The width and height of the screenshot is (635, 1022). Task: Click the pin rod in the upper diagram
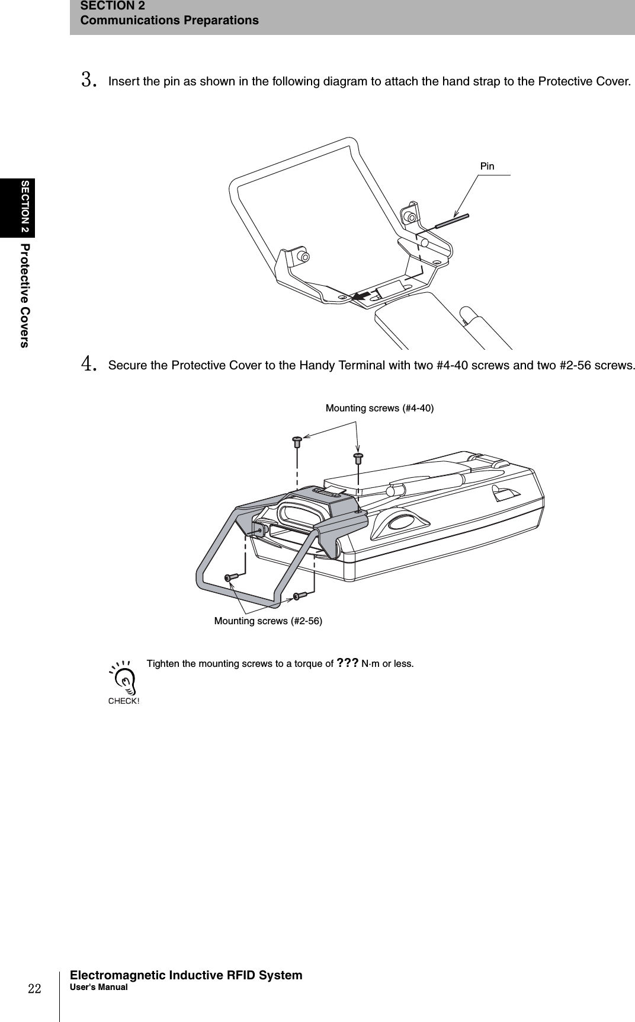click(x=452, y=221)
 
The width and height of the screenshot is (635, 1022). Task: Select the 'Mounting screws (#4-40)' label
click(x=379, y=408)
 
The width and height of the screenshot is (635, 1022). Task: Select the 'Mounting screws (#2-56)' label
click(x=268, y=621)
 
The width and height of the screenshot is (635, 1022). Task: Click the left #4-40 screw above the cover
click(x=297, y=440)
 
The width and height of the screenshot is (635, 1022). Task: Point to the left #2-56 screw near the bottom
click(x=230, y=577)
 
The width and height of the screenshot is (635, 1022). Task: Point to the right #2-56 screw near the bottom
click(x=300, y=596)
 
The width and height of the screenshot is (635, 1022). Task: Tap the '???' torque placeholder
click(x=347, y=663)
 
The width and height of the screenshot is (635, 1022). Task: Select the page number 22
click(x=36, y=988)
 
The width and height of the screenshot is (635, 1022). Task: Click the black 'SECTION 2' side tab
click(x=25, y=207)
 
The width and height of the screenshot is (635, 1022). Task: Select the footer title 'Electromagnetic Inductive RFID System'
click(x=186, y=975)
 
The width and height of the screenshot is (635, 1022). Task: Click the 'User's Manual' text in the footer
click(x=98, y=987)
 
